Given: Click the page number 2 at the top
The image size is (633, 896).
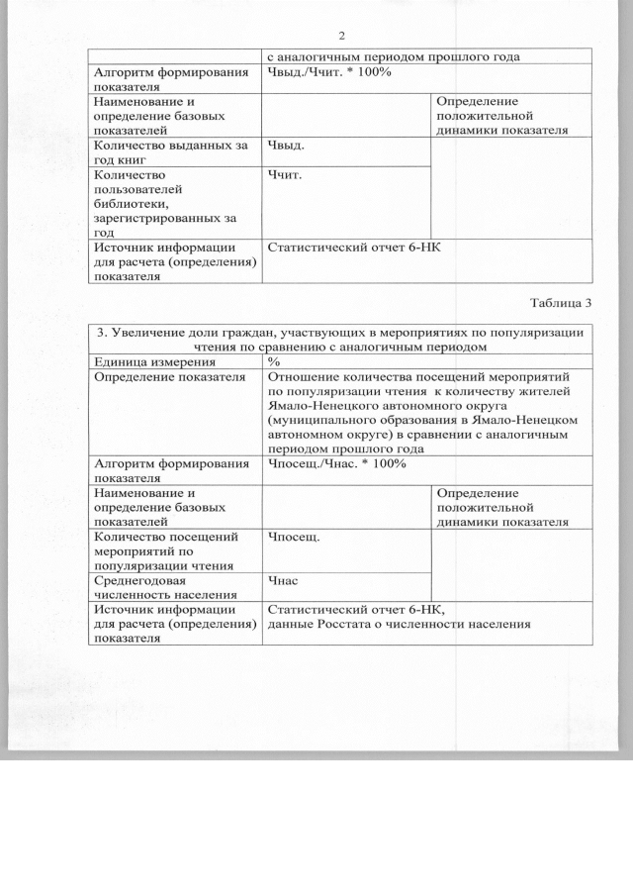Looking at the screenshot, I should (341, 37).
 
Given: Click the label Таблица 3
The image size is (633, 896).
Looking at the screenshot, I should (561, 302).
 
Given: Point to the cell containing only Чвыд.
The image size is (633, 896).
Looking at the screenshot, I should (286, 146).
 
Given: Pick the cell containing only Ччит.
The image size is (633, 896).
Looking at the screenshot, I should (285, 174).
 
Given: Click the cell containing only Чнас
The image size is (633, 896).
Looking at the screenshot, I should (283, 581).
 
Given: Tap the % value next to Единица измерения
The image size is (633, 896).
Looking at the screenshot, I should (274, 362).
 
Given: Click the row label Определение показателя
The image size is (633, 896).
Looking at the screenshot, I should (169, 377).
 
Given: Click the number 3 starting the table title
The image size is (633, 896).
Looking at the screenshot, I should (100, 332).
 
